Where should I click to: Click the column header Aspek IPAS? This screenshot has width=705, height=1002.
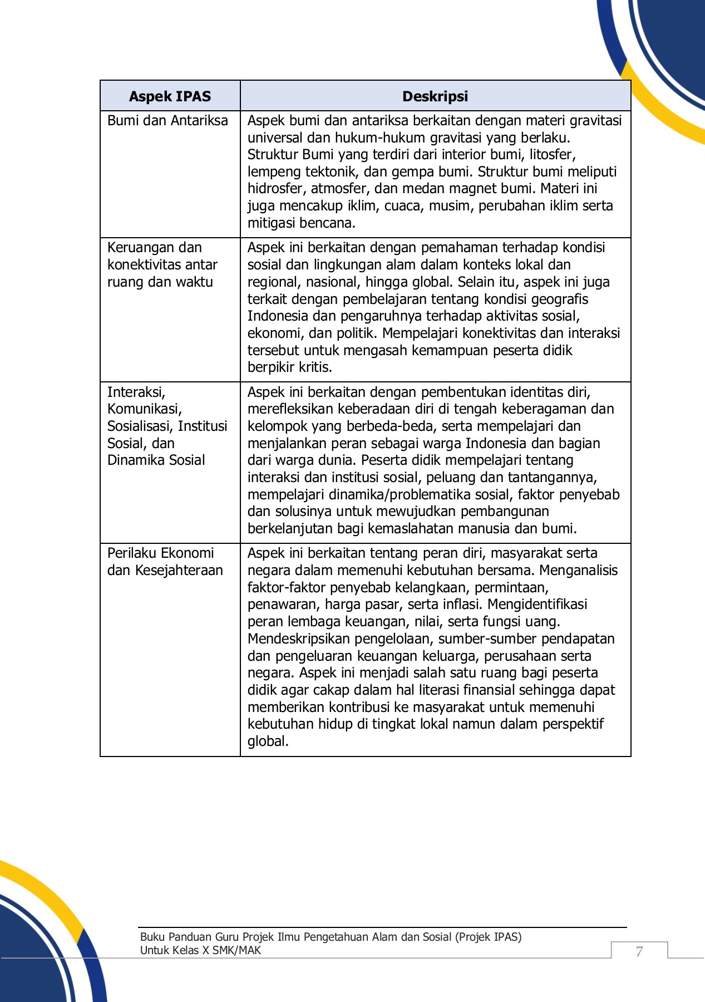tap(170, 96)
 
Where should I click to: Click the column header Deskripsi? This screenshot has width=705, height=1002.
tap(435, 96)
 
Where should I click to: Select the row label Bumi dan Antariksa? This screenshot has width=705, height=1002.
tap(167, 121)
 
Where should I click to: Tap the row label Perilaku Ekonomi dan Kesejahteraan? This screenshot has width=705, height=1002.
tap(165, 562)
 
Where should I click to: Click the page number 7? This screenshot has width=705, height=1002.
tap(639, 951)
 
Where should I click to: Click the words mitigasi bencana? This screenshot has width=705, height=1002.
tap(301, 223)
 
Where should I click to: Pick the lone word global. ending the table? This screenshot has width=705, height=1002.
tap(268, 741)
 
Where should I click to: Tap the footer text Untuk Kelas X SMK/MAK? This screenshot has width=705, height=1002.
tap(200, 950)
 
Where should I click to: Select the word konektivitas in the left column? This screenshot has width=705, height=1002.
tap(144, 265)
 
